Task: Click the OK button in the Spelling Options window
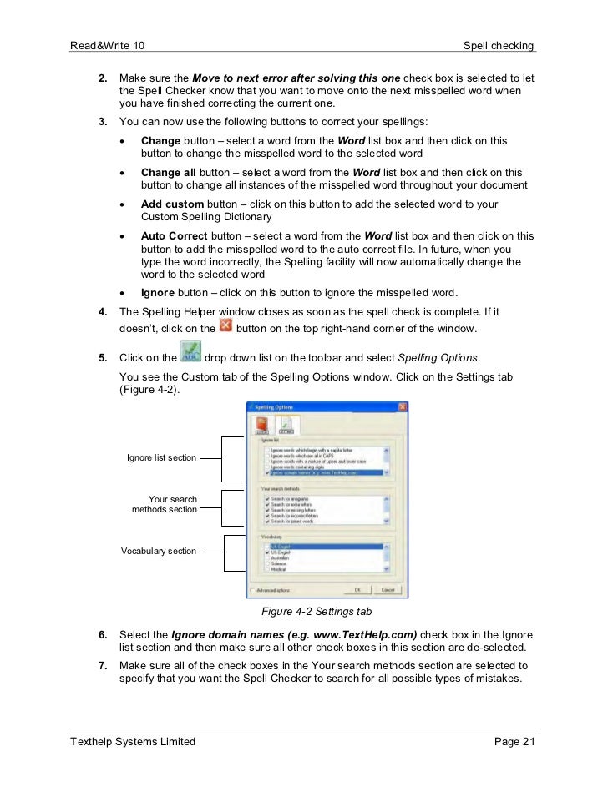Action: click(x=357, y=589)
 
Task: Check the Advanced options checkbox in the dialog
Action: click(x=252, y=589)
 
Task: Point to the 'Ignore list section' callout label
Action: click(x=162, y=457)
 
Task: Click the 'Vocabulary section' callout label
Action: click(x=159, y=551)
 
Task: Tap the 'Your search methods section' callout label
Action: click(x=165, y=504)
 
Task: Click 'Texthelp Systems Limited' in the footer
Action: click(x=133, y=741)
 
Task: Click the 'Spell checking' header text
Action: click(x=499, y=44)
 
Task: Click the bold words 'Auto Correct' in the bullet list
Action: click(x=175, y=236)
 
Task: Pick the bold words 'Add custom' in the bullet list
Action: click(x=172, y=204)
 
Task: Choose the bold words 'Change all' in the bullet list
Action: click(x=168, y=173)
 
